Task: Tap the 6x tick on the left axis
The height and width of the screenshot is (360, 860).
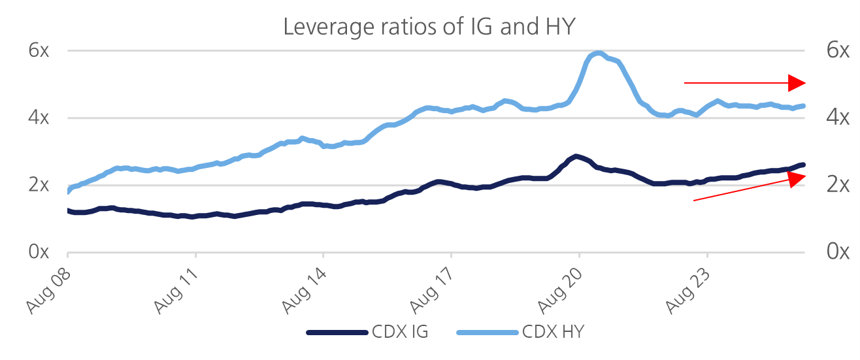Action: click(39, 50)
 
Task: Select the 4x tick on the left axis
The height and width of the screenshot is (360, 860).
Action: click(39, 118)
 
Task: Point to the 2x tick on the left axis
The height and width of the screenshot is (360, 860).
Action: click(39, 185)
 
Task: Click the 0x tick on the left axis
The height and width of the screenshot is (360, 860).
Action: click(39, 252)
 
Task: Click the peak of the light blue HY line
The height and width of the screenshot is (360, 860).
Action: click(598, 53)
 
